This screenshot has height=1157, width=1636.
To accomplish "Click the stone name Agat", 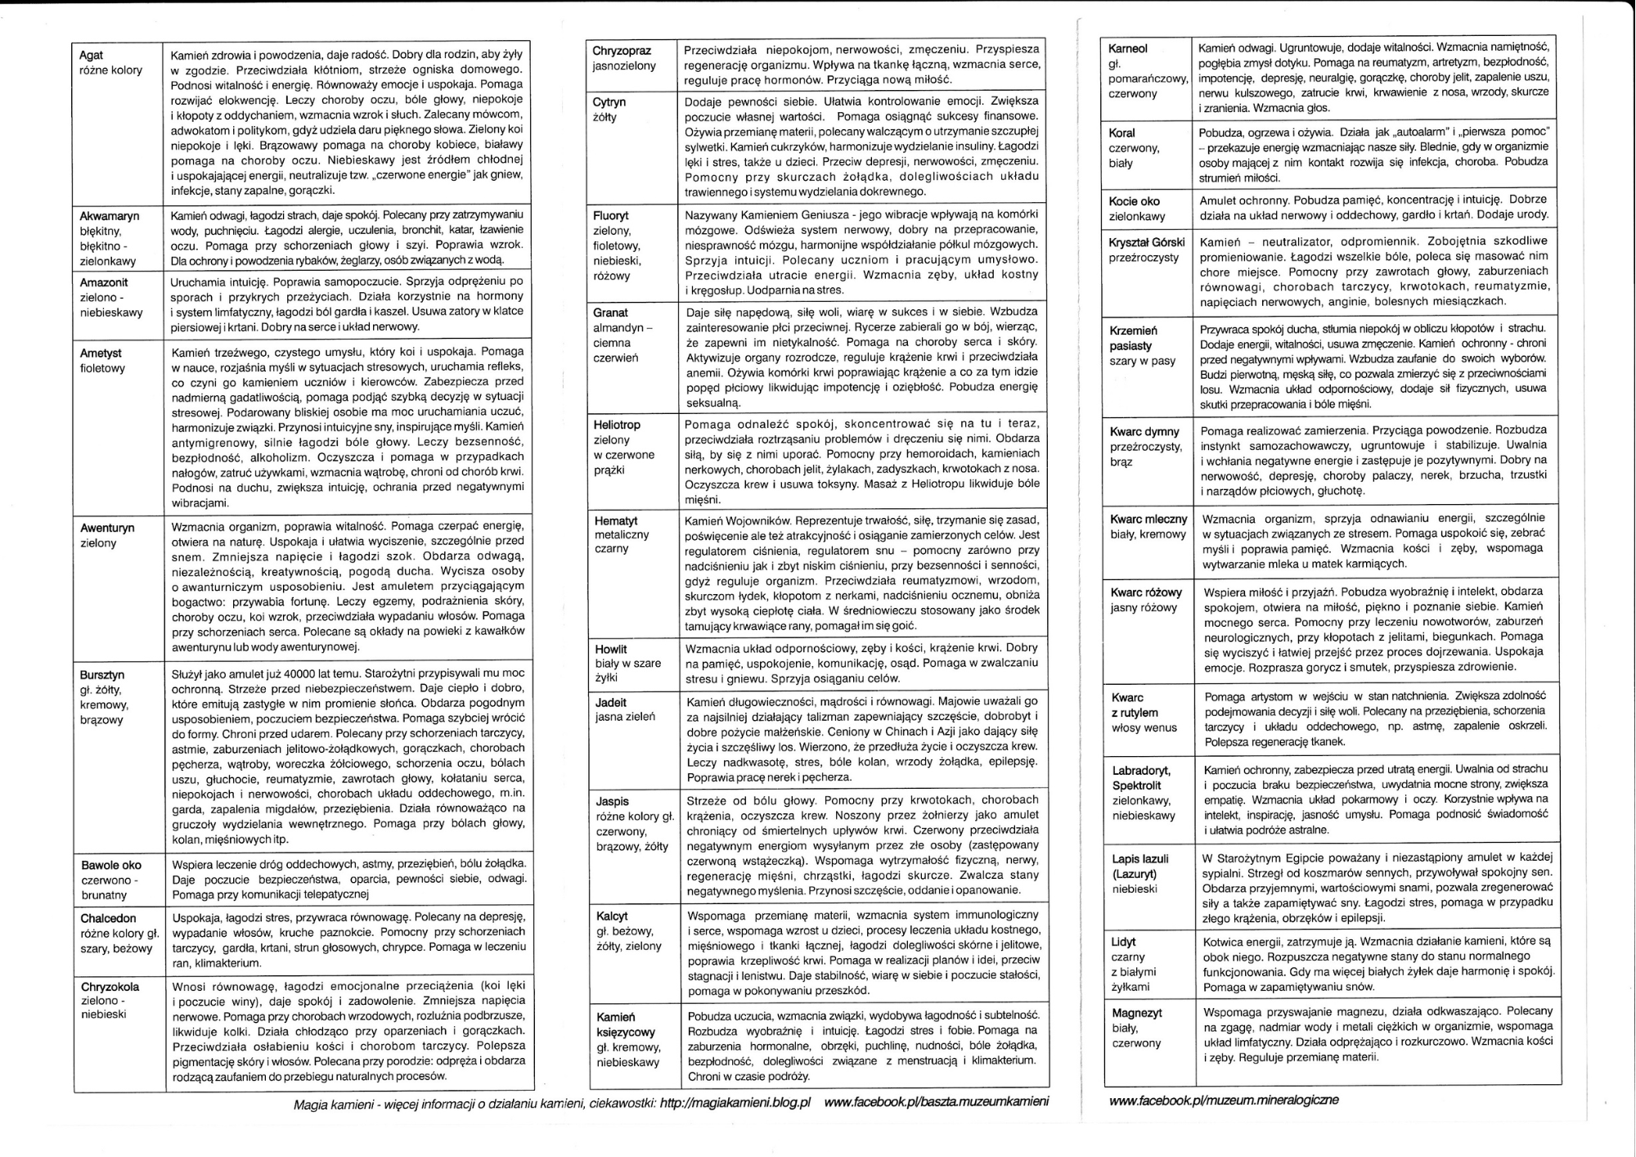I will point(91,56).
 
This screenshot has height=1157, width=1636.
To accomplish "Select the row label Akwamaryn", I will point(109,216).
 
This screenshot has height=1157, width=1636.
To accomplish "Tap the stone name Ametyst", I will point(101,353).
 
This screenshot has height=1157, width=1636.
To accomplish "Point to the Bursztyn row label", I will point(102,675).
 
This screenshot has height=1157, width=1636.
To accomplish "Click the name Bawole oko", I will point(111,865).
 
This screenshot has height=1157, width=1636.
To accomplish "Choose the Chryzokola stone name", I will point(110,987).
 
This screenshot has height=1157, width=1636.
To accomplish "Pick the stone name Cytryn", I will point(609,102).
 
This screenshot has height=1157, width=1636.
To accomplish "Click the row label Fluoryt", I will point(611,215).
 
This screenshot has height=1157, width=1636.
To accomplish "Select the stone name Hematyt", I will point(616,520).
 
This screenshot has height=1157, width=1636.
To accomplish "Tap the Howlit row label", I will point(611,649).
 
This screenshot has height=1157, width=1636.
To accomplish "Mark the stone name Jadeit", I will point(611,702).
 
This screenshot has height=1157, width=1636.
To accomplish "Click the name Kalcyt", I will point(613,916).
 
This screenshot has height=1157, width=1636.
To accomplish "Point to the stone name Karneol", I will point(1128,49).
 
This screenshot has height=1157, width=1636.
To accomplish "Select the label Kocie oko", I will point(1135,201).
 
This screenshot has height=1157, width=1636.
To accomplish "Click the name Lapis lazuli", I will point(1140,859).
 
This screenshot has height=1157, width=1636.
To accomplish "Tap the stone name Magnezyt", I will point(1137,1013).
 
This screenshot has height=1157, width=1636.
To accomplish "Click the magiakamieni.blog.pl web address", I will point(735,1102).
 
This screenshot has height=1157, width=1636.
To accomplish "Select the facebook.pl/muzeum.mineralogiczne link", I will point(1224,1100).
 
